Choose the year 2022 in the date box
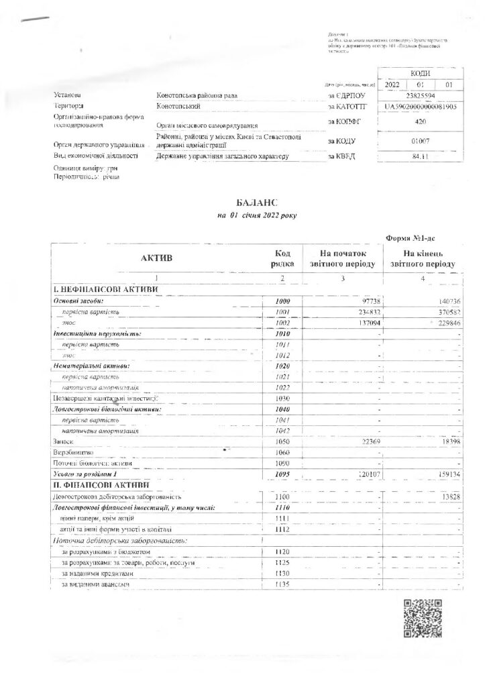392,85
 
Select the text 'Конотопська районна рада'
197,96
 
